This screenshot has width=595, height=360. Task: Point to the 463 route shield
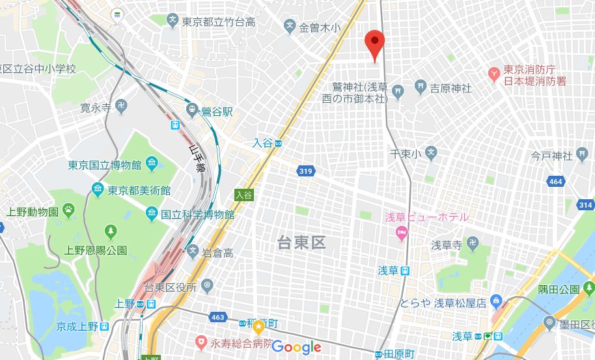(x=219, y=317)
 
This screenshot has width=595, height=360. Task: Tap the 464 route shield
(x=555, y=182)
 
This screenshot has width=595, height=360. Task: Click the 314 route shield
(x=585, y=205)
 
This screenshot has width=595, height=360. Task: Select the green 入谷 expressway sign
(x=243, y=194)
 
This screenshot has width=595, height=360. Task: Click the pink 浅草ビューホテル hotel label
(x=426, y=217)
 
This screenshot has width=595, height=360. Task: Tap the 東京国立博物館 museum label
(x=105, y=165)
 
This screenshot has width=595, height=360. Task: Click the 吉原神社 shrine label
(x=450, y=88)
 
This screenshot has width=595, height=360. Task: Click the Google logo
(x=296, y=346)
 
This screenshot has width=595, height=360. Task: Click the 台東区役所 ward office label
(x=170, y=288)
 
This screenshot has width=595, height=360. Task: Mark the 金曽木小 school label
(x=319, y=28)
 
